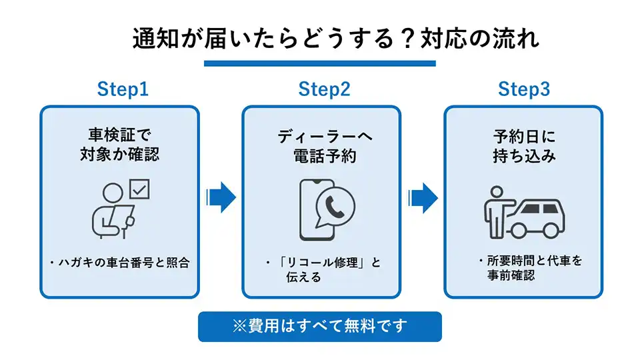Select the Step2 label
324,90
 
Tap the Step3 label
524,90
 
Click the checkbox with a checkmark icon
139,190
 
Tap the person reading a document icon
113,211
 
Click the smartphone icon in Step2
313,209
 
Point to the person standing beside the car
495,211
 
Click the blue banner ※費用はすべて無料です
320,327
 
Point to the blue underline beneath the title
320,63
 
